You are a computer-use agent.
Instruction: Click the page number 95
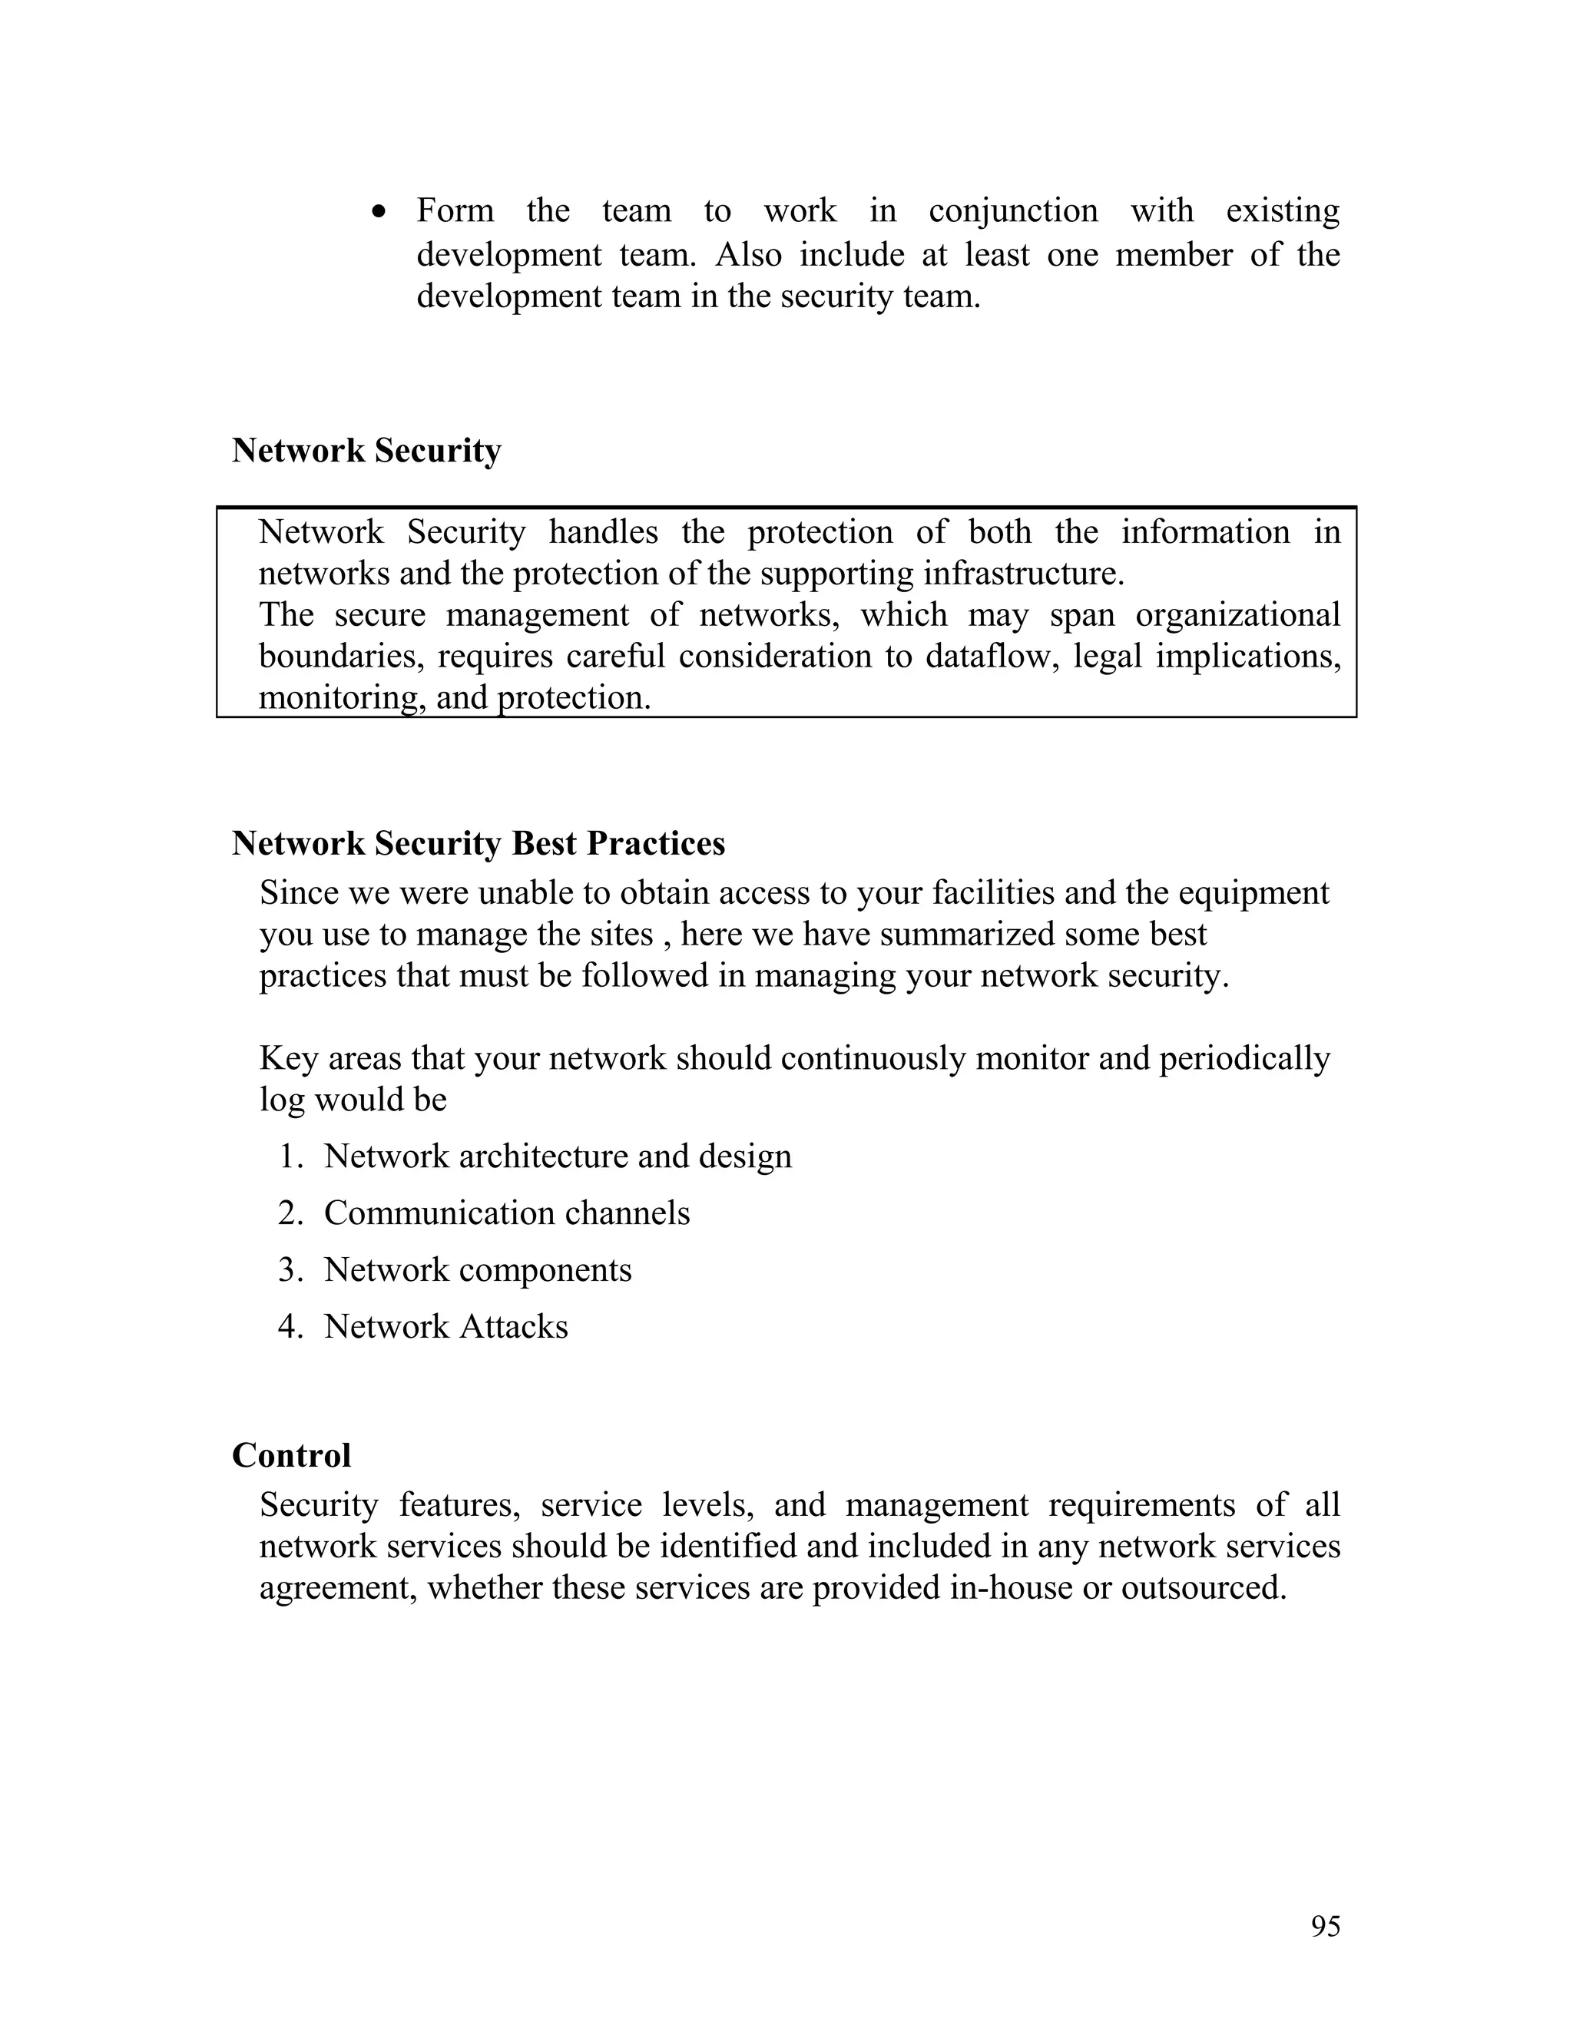1325,1926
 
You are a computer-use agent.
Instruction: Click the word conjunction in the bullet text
1013,210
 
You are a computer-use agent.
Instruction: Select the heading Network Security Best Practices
478,843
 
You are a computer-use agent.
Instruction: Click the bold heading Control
291,1455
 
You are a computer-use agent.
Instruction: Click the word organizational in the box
1237,615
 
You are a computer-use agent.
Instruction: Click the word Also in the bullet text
748,254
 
